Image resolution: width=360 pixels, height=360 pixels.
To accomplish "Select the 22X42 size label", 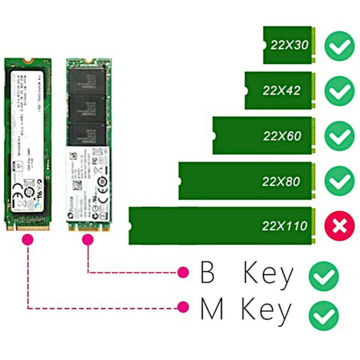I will coord(281,90).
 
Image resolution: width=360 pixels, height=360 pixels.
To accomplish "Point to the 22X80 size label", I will coord(281,181).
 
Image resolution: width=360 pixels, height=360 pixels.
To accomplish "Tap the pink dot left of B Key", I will coord(183,272).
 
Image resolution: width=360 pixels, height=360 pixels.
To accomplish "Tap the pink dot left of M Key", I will coord(183,307).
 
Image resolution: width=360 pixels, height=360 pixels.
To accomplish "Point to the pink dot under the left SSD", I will coord(28,240).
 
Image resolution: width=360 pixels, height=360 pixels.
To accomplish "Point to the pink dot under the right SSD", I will coord(88,240).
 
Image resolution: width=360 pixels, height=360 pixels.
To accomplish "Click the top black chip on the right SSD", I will coord(86,81).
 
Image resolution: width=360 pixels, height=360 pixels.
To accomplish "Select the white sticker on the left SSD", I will coord(28,135).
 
